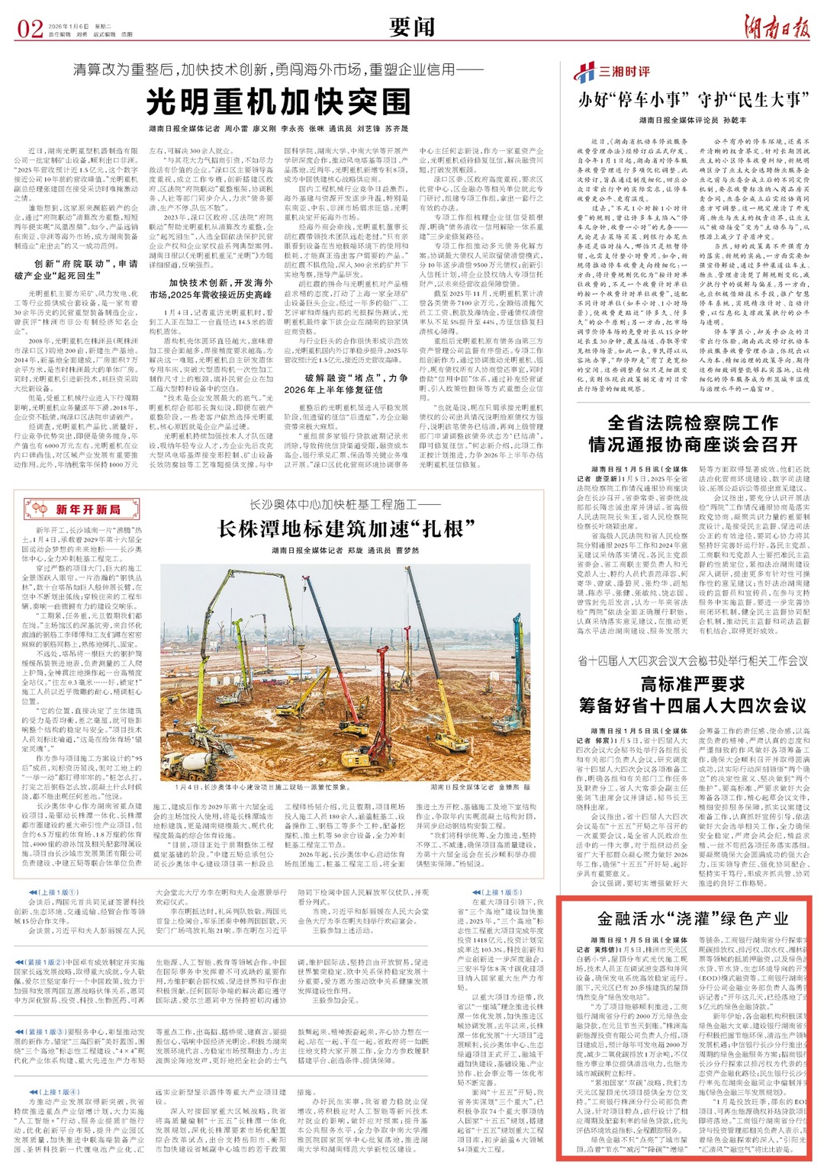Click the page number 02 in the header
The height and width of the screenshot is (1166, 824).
tap(31, 29)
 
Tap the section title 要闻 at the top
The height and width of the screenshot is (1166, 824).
tap(411, 27)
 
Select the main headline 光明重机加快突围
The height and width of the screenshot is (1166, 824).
tap(278, 101)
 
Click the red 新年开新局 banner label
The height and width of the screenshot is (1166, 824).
tap(74, 509)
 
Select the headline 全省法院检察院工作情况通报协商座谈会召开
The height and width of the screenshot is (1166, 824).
tap(693, 433)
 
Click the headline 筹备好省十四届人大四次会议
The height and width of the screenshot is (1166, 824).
tap(693, 705)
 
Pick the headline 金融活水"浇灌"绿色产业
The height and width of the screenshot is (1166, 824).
tap(693, 918)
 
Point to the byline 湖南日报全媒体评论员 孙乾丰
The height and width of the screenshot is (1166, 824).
tap(693, 120)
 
